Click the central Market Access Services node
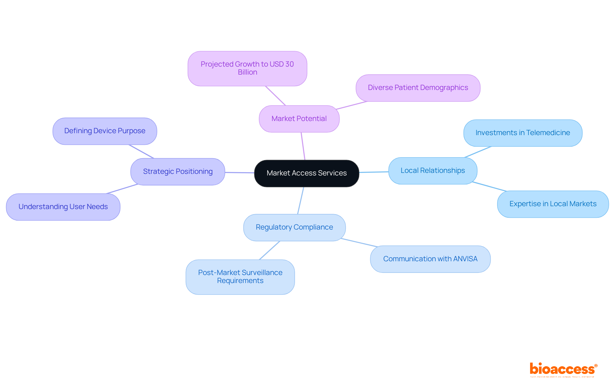pos(307,173)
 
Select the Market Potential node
pos(299,119)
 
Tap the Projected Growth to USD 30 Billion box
pos(247,69)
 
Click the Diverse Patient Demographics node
pos(418,88)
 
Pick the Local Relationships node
pos(432,171)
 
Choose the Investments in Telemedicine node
pos(522,133)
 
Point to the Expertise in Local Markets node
pos(553,204)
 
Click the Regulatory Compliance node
pos(294,227)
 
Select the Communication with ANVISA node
pos(430,259)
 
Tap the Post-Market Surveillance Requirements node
pos(240,277)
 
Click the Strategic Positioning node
pos(177,172)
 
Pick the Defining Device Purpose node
pos(104,131)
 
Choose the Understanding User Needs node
pos(63,207)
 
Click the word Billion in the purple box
pos(247,72)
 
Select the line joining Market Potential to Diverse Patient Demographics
pos(352,105)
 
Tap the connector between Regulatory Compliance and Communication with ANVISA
pos(359,243)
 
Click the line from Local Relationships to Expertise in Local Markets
pos(489,187)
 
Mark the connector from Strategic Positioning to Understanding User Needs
pos(122,189)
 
